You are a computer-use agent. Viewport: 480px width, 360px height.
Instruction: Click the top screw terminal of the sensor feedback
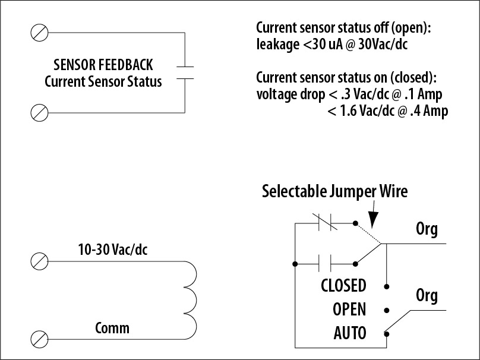coord(39,31)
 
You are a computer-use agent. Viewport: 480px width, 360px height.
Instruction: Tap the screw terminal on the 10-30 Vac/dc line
coord(39,261)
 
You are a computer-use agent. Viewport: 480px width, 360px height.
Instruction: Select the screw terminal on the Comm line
coord(39,339)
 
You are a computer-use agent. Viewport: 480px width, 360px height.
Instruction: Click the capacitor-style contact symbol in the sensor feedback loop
coord(185,71)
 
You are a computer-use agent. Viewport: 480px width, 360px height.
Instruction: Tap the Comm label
coord(112,328)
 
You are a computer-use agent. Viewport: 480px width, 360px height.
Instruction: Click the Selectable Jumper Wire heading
coord(335,191)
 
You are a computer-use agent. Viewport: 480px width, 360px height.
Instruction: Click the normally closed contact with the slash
coord(325,223)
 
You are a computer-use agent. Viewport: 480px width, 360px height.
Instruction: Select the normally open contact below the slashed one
coord(325,262)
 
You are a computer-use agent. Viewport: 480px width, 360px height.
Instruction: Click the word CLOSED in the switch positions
coord(343,286)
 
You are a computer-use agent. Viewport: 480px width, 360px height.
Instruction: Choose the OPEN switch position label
coord(349,310)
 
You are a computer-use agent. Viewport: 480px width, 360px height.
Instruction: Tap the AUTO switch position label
coord(350,333)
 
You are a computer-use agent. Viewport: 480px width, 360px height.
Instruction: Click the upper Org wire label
coord(426,229)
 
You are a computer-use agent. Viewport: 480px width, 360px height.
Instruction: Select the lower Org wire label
coord(426,295)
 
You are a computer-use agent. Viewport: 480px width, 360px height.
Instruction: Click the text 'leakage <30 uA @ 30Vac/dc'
coord(331,44)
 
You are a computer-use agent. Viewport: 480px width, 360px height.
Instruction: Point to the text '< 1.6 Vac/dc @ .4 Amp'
coord(387,110)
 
